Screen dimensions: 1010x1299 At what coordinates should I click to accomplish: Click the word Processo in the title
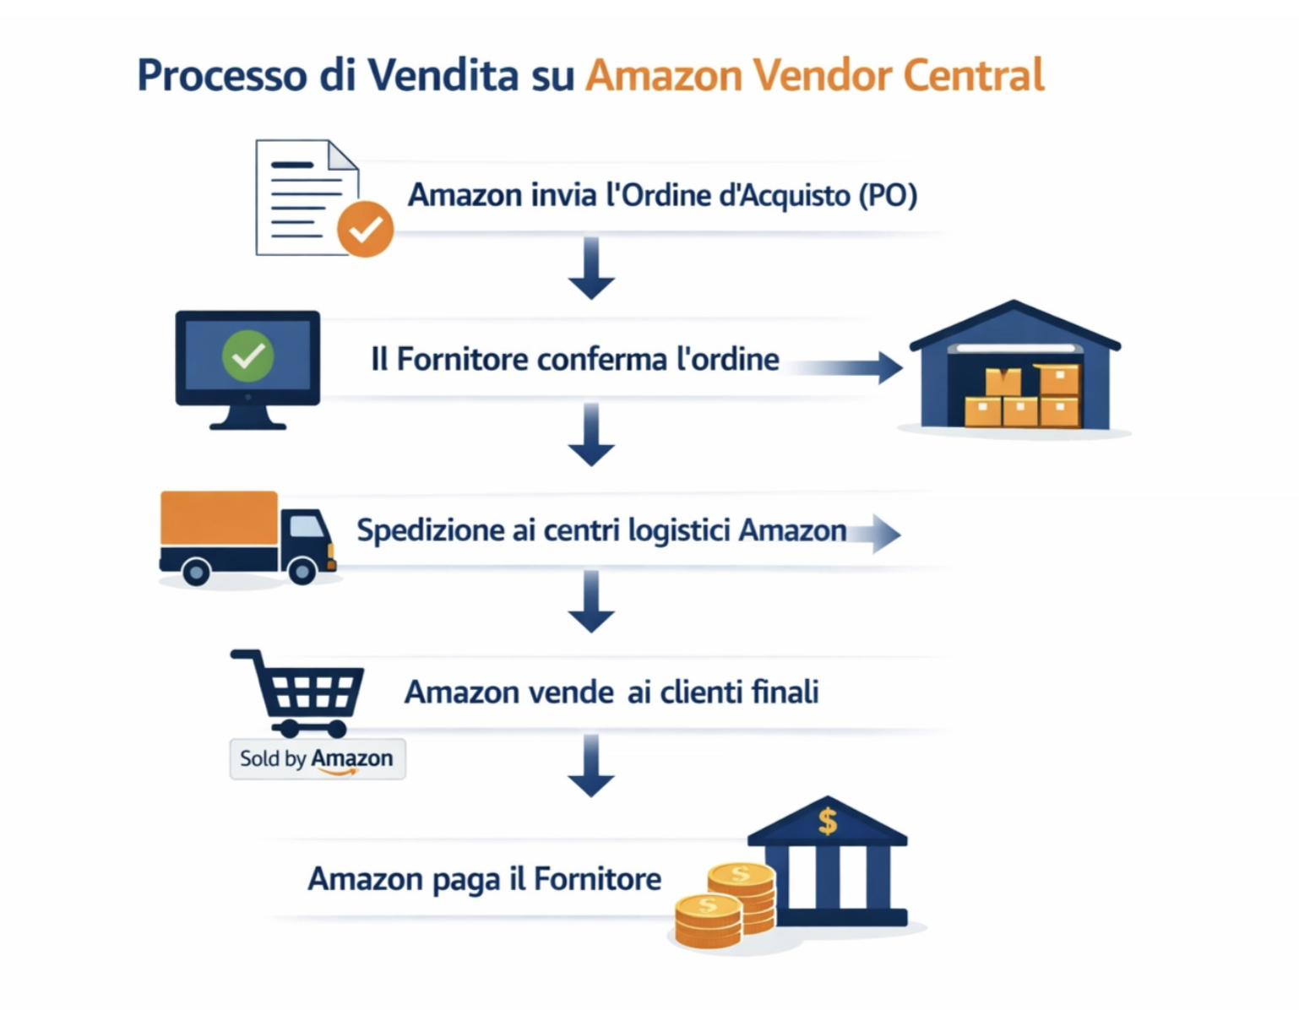point(221,76)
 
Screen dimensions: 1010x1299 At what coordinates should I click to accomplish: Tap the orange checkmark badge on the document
point(365,229)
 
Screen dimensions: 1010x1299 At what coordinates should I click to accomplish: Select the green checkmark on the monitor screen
point(247,356)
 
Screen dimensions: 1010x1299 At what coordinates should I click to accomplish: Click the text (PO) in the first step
point(887,196)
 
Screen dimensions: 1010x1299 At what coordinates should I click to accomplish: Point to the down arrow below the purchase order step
point(591,269)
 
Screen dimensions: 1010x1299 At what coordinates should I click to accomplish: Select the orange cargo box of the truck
point(219,518)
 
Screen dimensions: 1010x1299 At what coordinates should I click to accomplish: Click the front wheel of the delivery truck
point(302,572)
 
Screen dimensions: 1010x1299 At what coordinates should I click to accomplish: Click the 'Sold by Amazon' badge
point(317,758)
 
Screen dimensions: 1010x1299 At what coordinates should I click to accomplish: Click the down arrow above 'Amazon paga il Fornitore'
point(591,765)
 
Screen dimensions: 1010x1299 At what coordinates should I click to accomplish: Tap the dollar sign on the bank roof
point(827,820)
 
